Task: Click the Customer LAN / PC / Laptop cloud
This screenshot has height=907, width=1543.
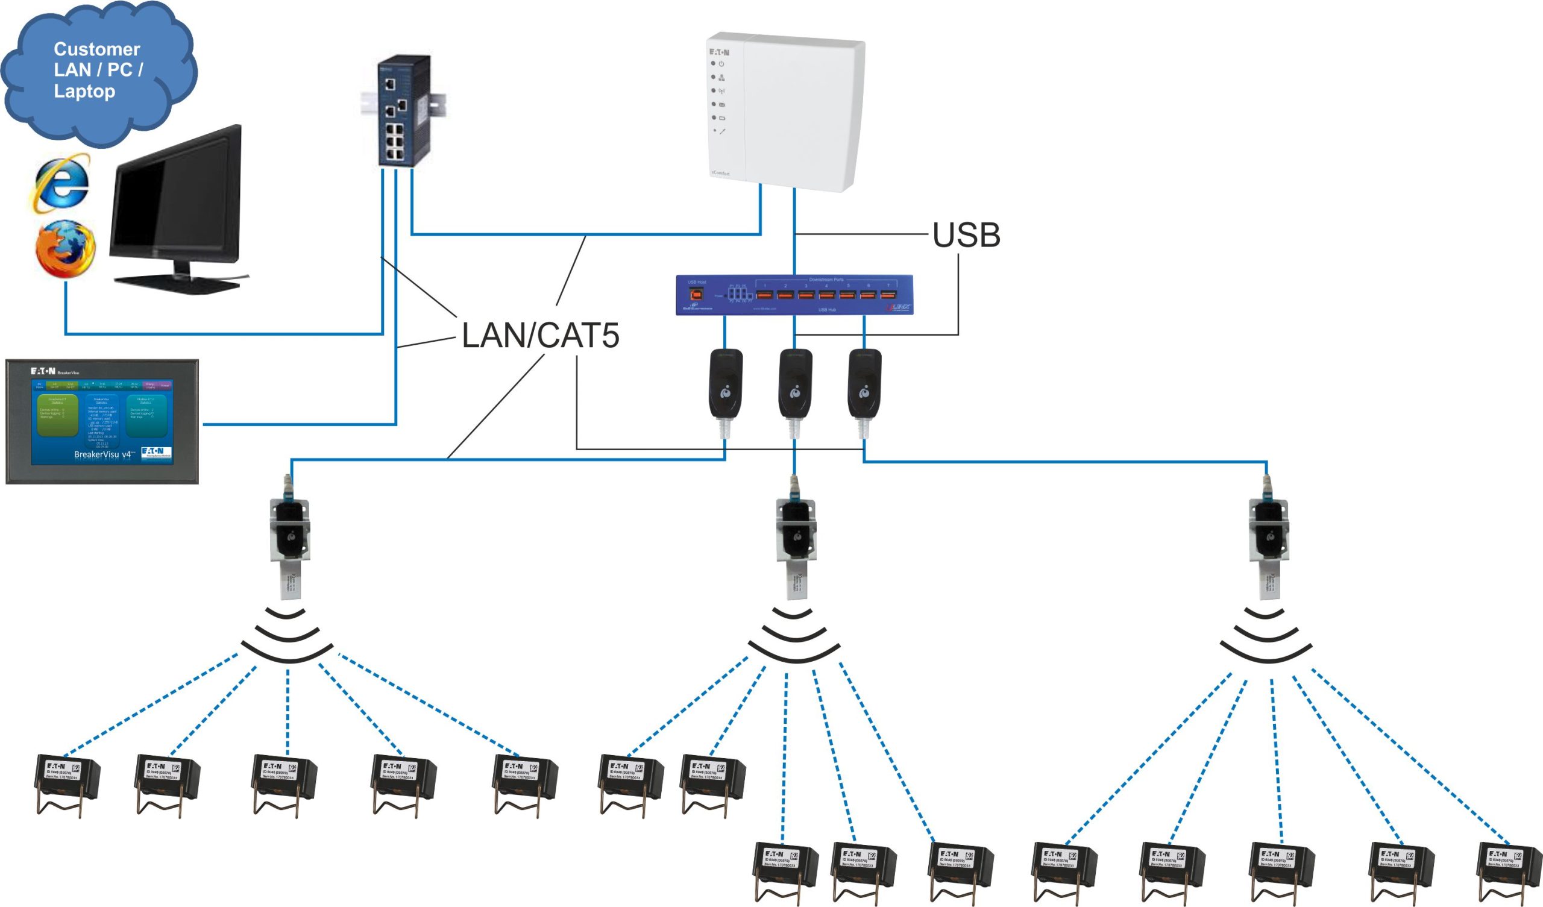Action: point(98,71)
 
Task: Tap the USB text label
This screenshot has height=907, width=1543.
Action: point(966,235)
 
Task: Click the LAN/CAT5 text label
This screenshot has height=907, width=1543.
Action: point(540,336)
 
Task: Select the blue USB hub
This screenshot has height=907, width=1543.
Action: point(794,295)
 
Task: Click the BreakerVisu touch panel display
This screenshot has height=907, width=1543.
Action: point(102,422)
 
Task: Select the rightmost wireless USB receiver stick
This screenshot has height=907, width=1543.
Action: point(1268,539)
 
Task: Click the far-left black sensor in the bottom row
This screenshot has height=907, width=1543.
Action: point(67,781)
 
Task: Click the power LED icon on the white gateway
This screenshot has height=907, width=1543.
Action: point(721,64)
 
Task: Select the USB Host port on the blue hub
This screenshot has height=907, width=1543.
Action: point(696,295)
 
